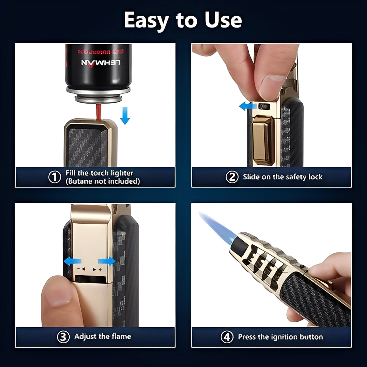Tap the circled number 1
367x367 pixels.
(x=54, y=177)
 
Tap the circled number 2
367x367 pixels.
(x=232, y=177)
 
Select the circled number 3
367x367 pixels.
(x=63, y=337)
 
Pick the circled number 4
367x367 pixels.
(x=227, y=337)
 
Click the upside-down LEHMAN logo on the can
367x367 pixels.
(x=101, y=63)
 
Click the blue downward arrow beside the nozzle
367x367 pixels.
(x=125, y=116)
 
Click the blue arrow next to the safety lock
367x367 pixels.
(x=247, y=106)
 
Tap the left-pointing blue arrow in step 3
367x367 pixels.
(x=73, y=261)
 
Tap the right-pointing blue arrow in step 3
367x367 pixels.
(x=106, y=261)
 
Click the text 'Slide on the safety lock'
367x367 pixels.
(x=282, y=177)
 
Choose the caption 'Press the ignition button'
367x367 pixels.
(x=280, y=337)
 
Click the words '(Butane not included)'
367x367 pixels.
(x=103, y=181)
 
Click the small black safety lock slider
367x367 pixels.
(x=264, y=106)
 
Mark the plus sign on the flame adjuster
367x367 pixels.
(x=100, y=269)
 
